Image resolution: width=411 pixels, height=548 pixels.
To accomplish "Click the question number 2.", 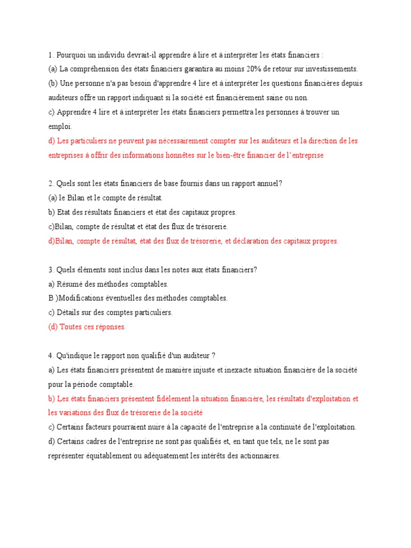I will click(50, 184).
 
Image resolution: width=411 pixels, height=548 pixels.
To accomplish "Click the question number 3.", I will click(50, 270).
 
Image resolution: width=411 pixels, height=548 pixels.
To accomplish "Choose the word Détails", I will click(69, 313).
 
